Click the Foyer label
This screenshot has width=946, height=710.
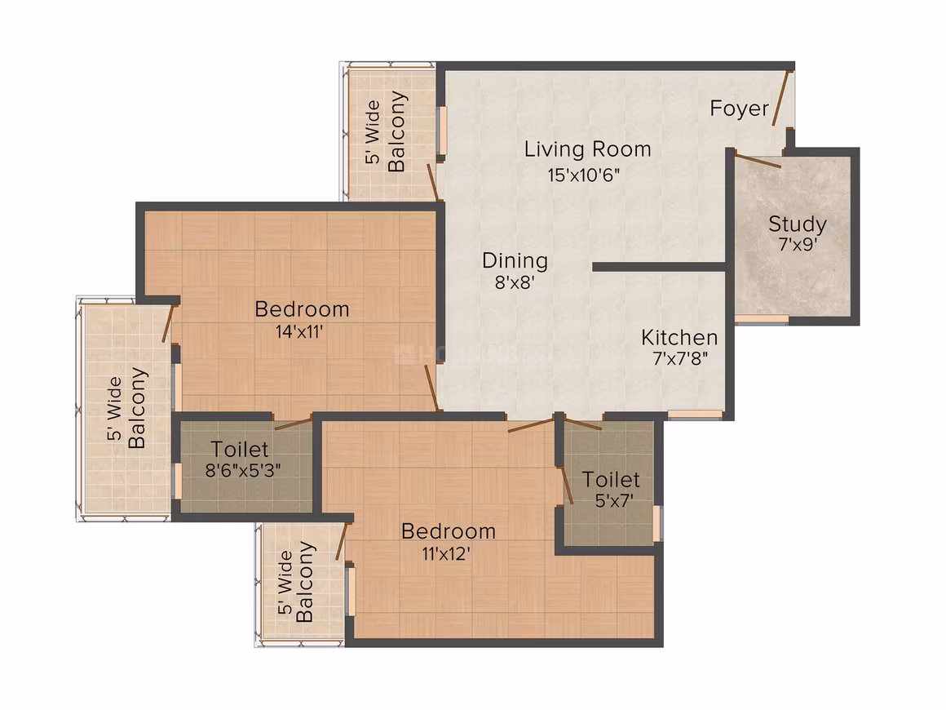739,109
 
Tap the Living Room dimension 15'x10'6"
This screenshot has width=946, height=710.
583,175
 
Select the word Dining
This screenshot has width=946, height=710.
515,261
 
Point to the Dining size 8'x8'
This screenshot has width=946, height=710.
515,282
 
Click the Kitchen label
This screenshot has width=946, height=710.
679,338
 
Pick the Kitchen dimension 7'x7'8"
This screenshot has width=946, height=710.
680,358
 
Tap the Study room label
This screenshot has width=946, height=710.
797,224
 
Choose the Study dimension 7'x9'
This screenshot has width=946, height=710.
798,245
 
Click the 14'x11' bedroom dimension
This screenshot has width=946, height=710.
299,331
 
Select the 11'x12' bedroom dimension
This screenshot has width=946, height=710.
446,553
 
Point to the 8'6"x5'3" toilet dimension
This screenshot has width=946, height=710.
242,470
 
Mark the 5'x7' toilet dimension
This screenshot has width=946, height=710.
614,500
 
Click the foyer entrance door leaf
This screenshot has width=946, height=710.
781,99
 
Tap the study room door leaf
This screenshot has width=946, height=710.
758,162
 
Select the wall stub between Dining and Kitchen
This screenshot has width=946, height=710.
659,267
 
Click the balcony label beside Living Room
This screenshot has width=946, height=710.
385,131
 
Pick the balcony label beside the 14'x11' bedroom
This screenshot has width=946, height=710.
126,408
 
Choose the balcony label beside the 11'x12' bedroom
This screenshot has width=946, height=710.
295,581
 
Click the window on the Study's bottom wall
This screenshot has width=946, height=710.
762,319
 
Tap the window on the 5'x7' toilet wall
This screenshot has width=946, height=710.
657,523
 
